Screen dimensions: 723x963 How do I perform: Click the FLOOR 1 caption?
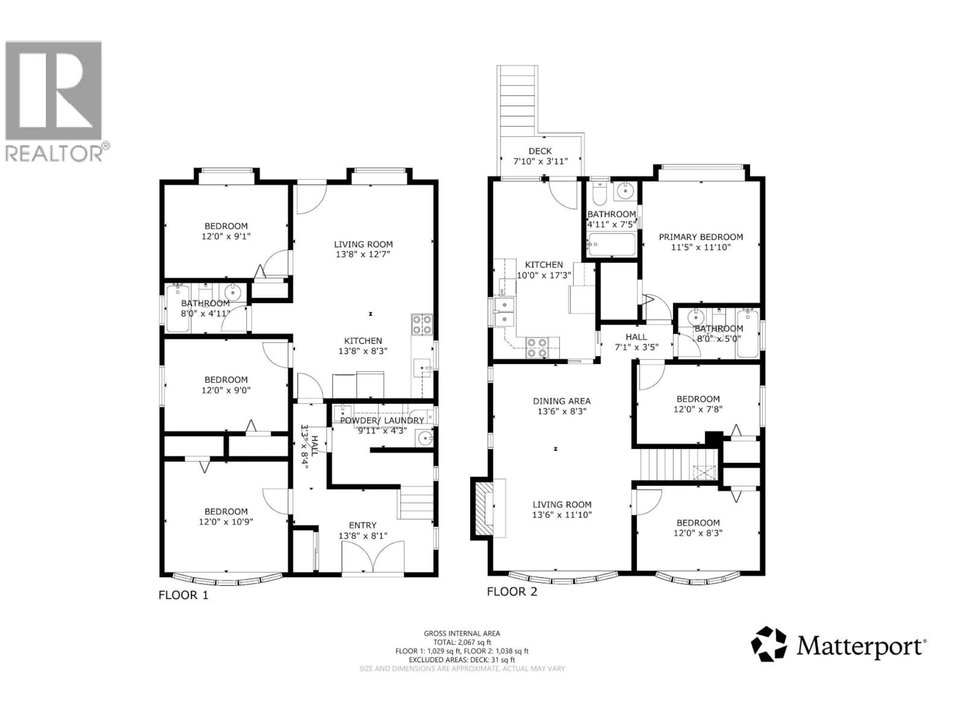(183, 595)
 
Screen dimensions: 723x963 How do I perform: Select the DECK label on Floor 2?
(540, 151)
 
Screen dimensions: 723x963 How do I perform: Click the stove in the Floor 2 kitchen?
(536, 348)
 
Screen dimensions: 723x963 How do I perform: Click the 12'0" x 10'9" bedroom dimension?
(226, 522)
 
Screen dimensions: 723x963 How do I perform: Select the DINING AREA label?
(561, 401)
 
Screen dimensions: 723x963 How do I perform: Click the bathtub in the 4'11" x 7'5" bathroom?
(611, 245)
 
